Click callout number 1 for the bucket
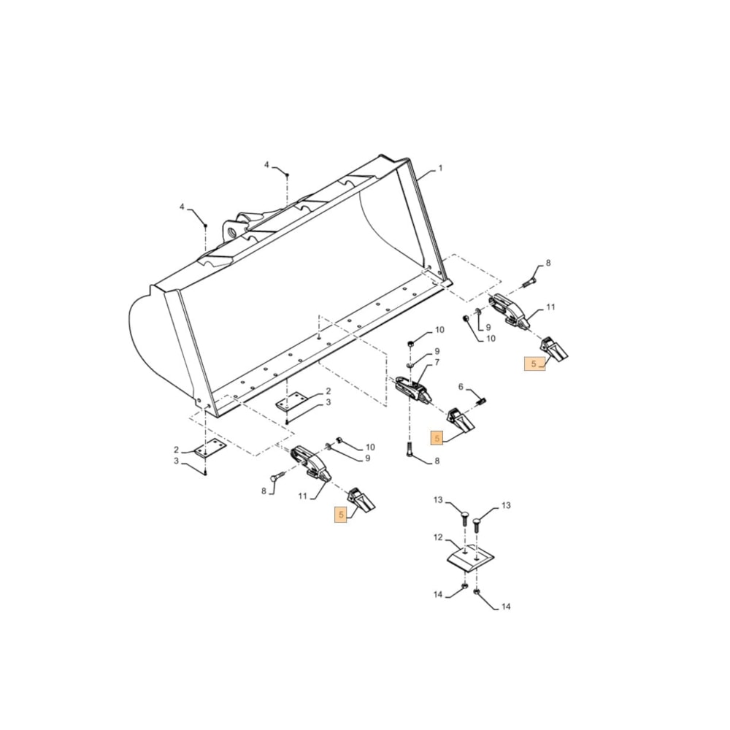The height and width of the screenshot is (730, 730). tap(440, 169)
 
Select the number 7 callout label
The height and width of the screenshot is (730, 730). tap(437, 362)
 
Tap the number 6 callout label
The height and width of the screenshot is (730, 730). tap(460, 387)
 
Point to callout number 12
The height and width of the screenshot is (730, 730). tap(438, 537)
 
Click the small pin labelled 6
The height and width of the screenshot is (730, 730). tap(483, 399)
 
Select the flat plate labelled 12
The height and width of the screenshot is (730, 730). tap(470, 557)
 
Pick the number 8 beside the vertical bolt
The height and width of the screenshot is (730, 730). tap(437, 461)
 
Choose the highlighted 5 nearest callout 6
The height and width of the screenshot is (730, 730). tap(437, 439)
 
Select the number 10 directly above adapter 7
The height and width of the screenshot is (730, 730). tap(439, 331)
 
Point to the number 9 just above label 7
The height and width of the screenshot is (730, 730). tap(437, 352)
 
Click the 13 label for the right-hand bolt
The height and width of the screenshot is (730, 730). tap(506, 505)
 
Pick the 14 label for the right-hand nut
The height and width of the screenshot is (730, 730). tap(506, 607)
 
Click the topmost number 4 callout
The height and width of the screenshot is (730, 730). tap(266, 165)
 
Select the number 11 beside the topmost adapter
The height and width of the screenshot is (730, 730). tap(550, 307)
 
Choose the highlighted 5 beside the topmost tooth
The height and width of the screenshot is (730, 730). tap(534, 364)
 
